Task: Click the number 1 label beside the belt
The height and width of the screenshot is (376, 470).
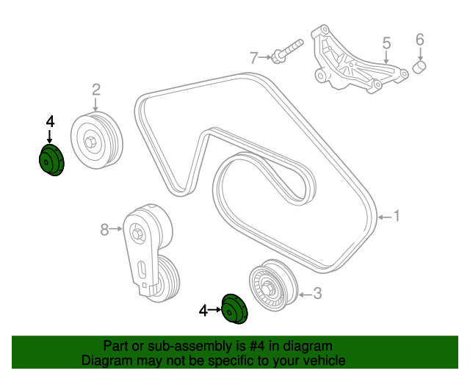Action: point(396,216)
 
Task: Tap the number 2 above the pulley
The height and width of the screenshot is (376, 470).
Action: point(95,90)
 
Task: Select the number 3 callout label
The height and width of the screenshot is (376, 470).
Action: point(317,294)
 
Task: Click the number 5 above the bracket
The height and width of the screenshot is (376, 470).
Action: point(386,44)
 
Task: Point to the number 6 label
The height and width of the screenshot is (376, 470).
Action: point(420,38)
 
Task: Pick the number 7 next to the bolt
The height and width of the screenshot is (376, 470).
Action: point(254,57)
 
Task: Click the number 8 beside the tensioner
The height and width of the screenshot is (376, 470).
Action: point(105,230)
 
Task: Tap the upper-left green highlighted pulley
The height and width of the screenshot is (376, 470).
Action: point(51,161)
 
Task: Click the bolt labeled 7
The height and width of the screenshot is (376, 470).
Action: point(286,51)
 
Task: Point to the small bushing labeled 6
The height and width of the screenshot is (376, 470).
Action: point(421,68)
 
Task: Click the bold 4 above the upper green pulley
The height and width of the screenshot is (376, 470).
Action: point(50,121)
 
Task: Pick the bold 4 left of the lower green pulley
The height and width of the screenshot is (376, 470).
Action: point(203,311)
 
